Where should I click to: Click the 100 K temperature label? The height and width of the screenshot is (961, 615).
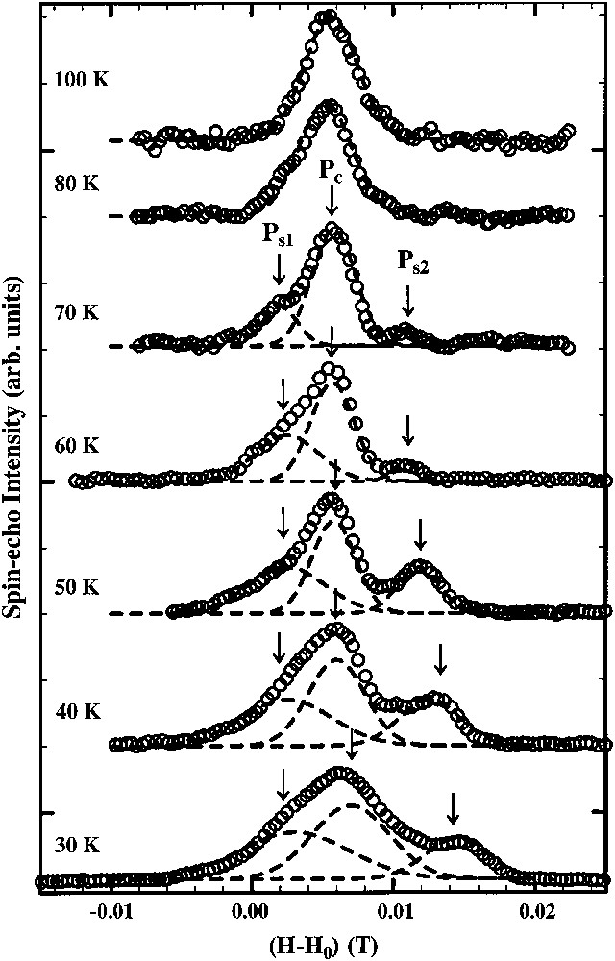click(x=82, y=79)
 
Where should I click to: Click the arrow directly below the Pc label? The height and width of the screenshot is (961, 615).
click(x=332, y=200)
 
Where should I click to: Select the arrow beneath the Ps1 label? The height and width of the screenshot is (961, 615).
click(x=279, y=271)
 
